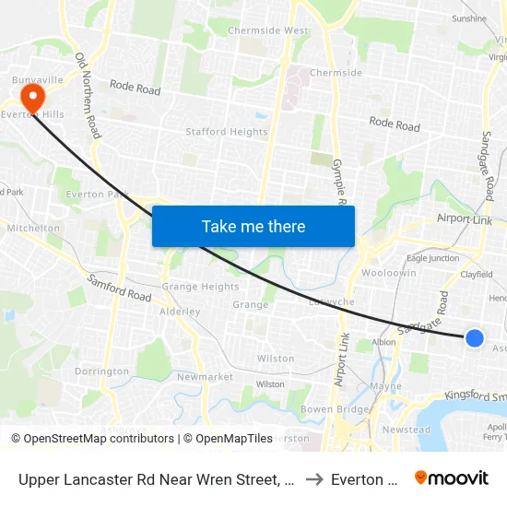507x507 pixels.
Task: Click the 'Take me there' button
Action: pyautogui.click(x=253, y=226)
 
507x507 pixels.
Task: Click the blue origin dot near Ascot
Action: pyautogui.click(x=475, y=338)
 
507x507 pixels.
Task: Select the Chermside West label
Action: pyautogui.click(x=268, y=30)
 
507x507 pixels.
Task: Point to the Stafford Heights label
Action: pyautogui.click(x=227, y=132)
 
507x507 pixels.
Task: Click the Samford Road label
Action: pyautogui.click(x=119, y=288)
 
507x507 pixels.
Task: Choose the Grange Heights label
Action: pyautogui.click(x=200, y=287)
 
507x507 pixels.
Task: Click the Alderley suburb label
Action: pyautogui.click(x=180, y=312)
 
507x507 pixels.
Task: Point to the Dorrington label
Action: pyautogui.click(x=101, y=371)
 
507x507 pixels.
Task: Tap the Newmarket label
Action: pyautogui.click(x=205, y=377)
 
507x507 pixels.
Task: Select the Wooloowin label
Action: pyautogui.click(x=382, y=275)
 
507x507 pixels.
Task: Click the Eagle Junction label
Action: pyautogui.click(x=432, y=259)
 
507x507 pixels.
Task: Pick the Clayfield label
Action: pyautogui.click(x=477, y=274)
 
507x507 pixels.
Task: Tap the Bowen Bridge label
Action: pyautogui.click(x=329, y=408)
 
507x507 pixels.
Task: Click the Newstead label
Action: pyautogui.click(x=407, y=430)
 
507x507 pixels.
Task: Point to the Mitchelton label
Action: pyautogui.click(x=33, y=228)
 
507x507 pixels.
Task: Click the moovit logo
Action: pyautogui.click(x=452, y=478)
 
